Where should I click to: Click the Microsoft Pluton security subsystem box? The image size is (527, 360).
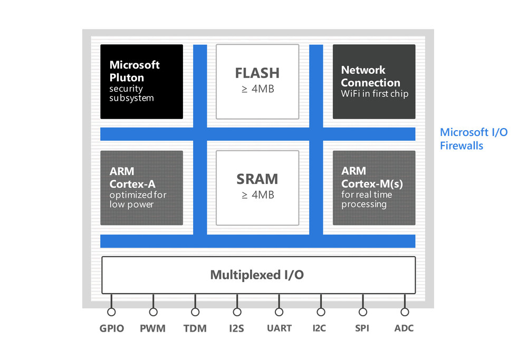click(141, 81)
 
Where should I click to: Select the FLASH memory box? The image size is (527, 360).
click(257, 81)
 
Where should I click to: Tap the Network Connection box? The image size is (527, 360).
click(374, 81)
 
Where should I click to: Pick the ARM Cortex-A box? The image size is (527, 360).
click(141, 188)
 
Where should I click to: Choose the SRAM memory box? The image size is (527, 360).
click(257, 188)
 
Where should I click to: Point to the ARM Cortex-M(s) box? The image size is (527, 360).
click(374, 188)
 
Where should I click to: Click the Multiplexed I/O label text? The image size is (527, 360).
click(257, 275)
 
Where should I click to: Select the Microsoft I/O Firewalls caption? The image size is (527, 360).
click(473, 139)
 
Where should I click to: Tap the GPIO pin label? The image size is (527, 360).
click(111, 328)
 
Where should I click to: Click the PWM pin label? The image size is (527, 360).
click(153, 328)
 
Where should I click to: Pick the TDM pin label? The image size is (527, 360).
click(195, 328)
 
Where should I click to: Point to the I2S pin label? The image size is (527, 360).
click(237, 328)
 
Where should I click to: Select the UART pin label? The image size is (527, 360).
click(279, 328)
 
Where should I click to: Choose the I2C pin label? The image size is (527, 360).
click(320, 328)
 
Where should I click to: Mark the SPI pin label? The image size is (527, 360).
click(362, 328)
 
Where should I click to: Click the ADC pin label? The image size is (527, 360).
click(404, 328)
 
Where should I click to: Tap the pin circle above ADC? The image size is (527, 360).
click(405, 312)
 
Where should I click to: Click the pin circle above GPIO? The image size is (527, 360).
click(111, 312)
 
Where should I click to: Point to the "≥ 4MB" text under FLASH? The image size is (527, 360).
click(257, 89)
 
